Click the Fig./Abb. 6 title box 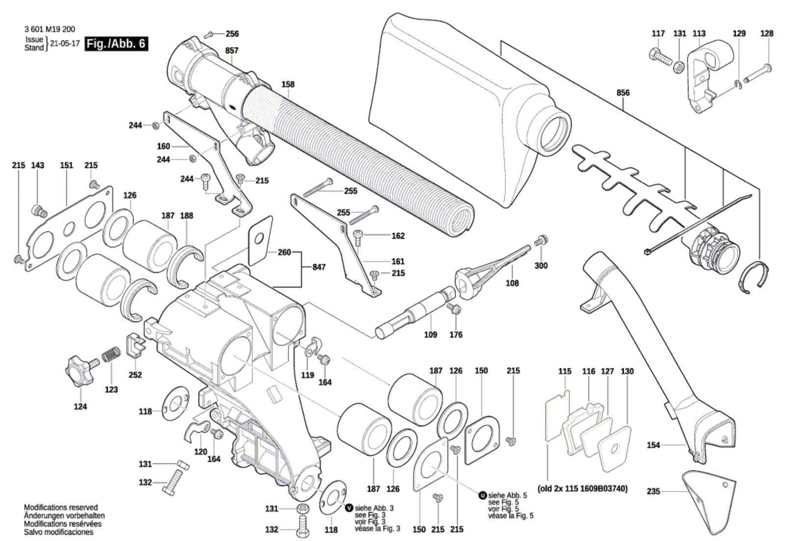[116, 44]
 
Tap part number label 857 [232, 51]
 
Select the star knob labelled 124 [78, 369]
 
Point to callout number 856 [623, 93]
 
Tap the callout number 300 [541, 265]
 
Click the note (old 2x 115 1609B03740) [582, 489]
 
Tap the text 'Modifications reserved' [60, 507]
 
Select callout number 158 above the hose [288, 84]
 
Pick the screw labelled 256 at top [209, 34]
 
